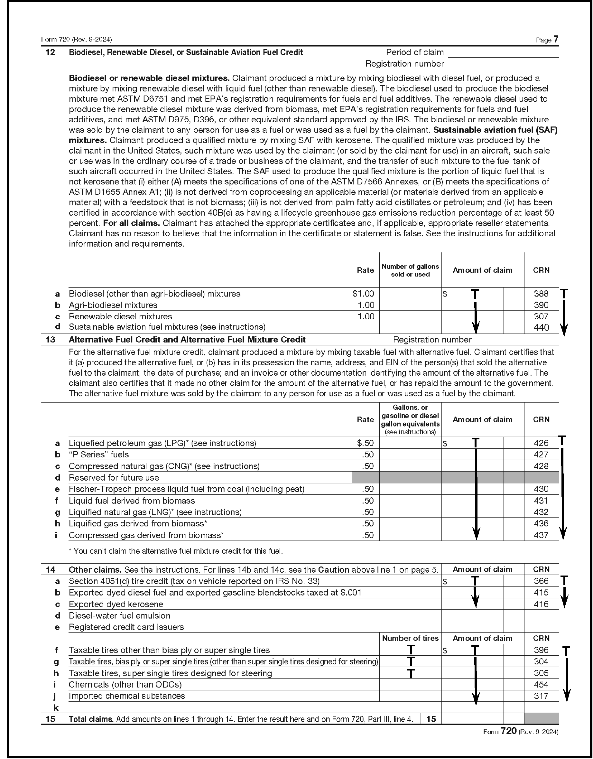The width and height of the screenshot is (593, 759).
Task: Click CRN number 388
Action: pyautogui.click(x=541, y=294)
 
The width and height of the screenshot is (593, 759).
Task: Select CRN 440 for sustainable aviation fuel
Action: pyautogui.click(x=541, y=327)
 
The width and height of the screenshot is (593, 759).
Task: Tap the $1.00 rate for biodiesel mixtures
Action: pyautogui.click(x=363, y=294)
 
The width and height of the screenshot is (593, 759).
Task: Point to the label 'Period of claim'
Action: pyautogui.click(x=415, y=52)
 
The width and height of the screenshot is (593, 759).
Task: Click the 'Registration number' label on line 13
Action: pyautogui.click(x=432, y=340)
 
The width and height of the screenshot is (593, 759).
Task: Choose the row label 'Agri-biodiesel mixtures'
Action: pyautogui.click(x=113, y=305)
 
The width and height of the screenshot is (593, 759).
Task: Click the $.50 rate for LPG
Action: pyautogui.click(x=365, y=443)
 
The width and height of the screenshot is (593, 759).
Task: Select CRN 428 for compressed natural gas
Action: pyautogui.click(x=541, y=466)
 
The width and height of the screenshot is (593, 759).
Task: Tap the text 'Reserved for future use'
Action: pyautogui.click(x=114, y=477)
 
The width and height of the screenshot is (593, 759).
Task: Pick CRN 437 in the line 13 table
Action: pyautogui.click(x=541, y=535)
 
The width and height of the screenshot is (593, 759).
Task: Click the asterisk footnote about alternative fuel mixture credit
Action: pyautogui.click(x=176, y=551)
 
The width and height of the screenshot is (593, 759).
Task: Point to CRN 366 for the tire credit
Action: pyautogui.click(x=541, y=581)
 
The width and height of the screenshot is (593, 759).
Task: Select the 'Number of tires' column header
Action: pyautogui.click(x=410, y=638)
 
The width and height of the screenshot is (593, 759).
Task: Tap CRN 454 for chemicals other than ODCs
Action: pyautogui.click(x=541, y=685)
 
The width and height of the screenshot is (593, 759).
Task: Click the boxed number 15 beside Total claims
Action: pyautogui.click(x=431, y=719)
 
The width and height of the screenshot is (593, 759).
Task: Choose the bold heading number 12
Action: pyautogui.click(x=51, y=52)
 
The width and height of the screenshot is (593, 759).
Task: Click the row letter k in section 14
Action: pyautogui.click(x=56, y=708)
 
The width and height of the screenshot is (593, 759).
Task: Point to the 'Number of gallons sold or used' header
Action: pyautogui.click(x=410, y=270)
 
